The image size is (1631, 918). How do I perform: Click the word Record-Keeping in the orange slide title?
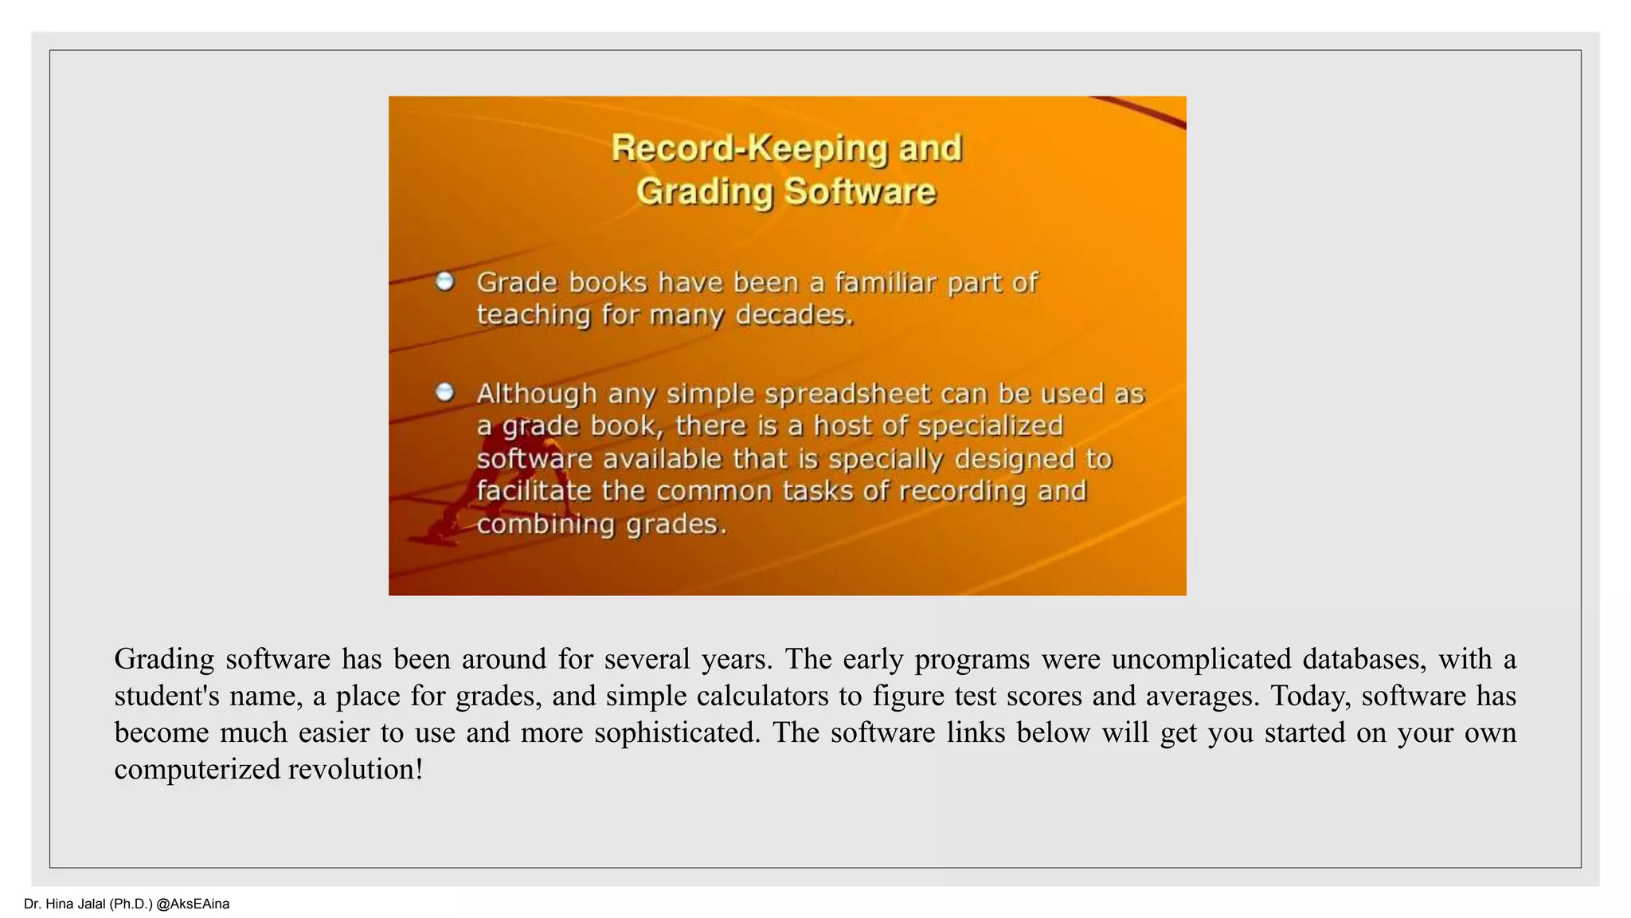pos(749,149)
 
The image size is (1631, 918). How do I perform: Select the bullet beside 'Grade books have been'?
pos(445,281)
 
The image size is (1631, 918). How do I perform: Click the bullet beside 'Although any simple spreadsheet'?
pos(445,392)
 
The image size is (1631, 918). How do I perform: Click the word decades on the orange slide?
pos(794,315)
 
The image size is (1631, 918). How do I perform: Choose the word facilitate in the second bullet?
pos(534,491)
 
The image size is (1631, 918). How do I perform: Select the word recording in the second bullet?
pos(963,491)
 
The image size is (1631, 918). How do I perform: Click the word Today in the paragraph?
pos(1311,696)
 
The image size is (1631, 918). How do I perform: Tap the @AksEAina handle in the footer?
pos(193,904)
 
